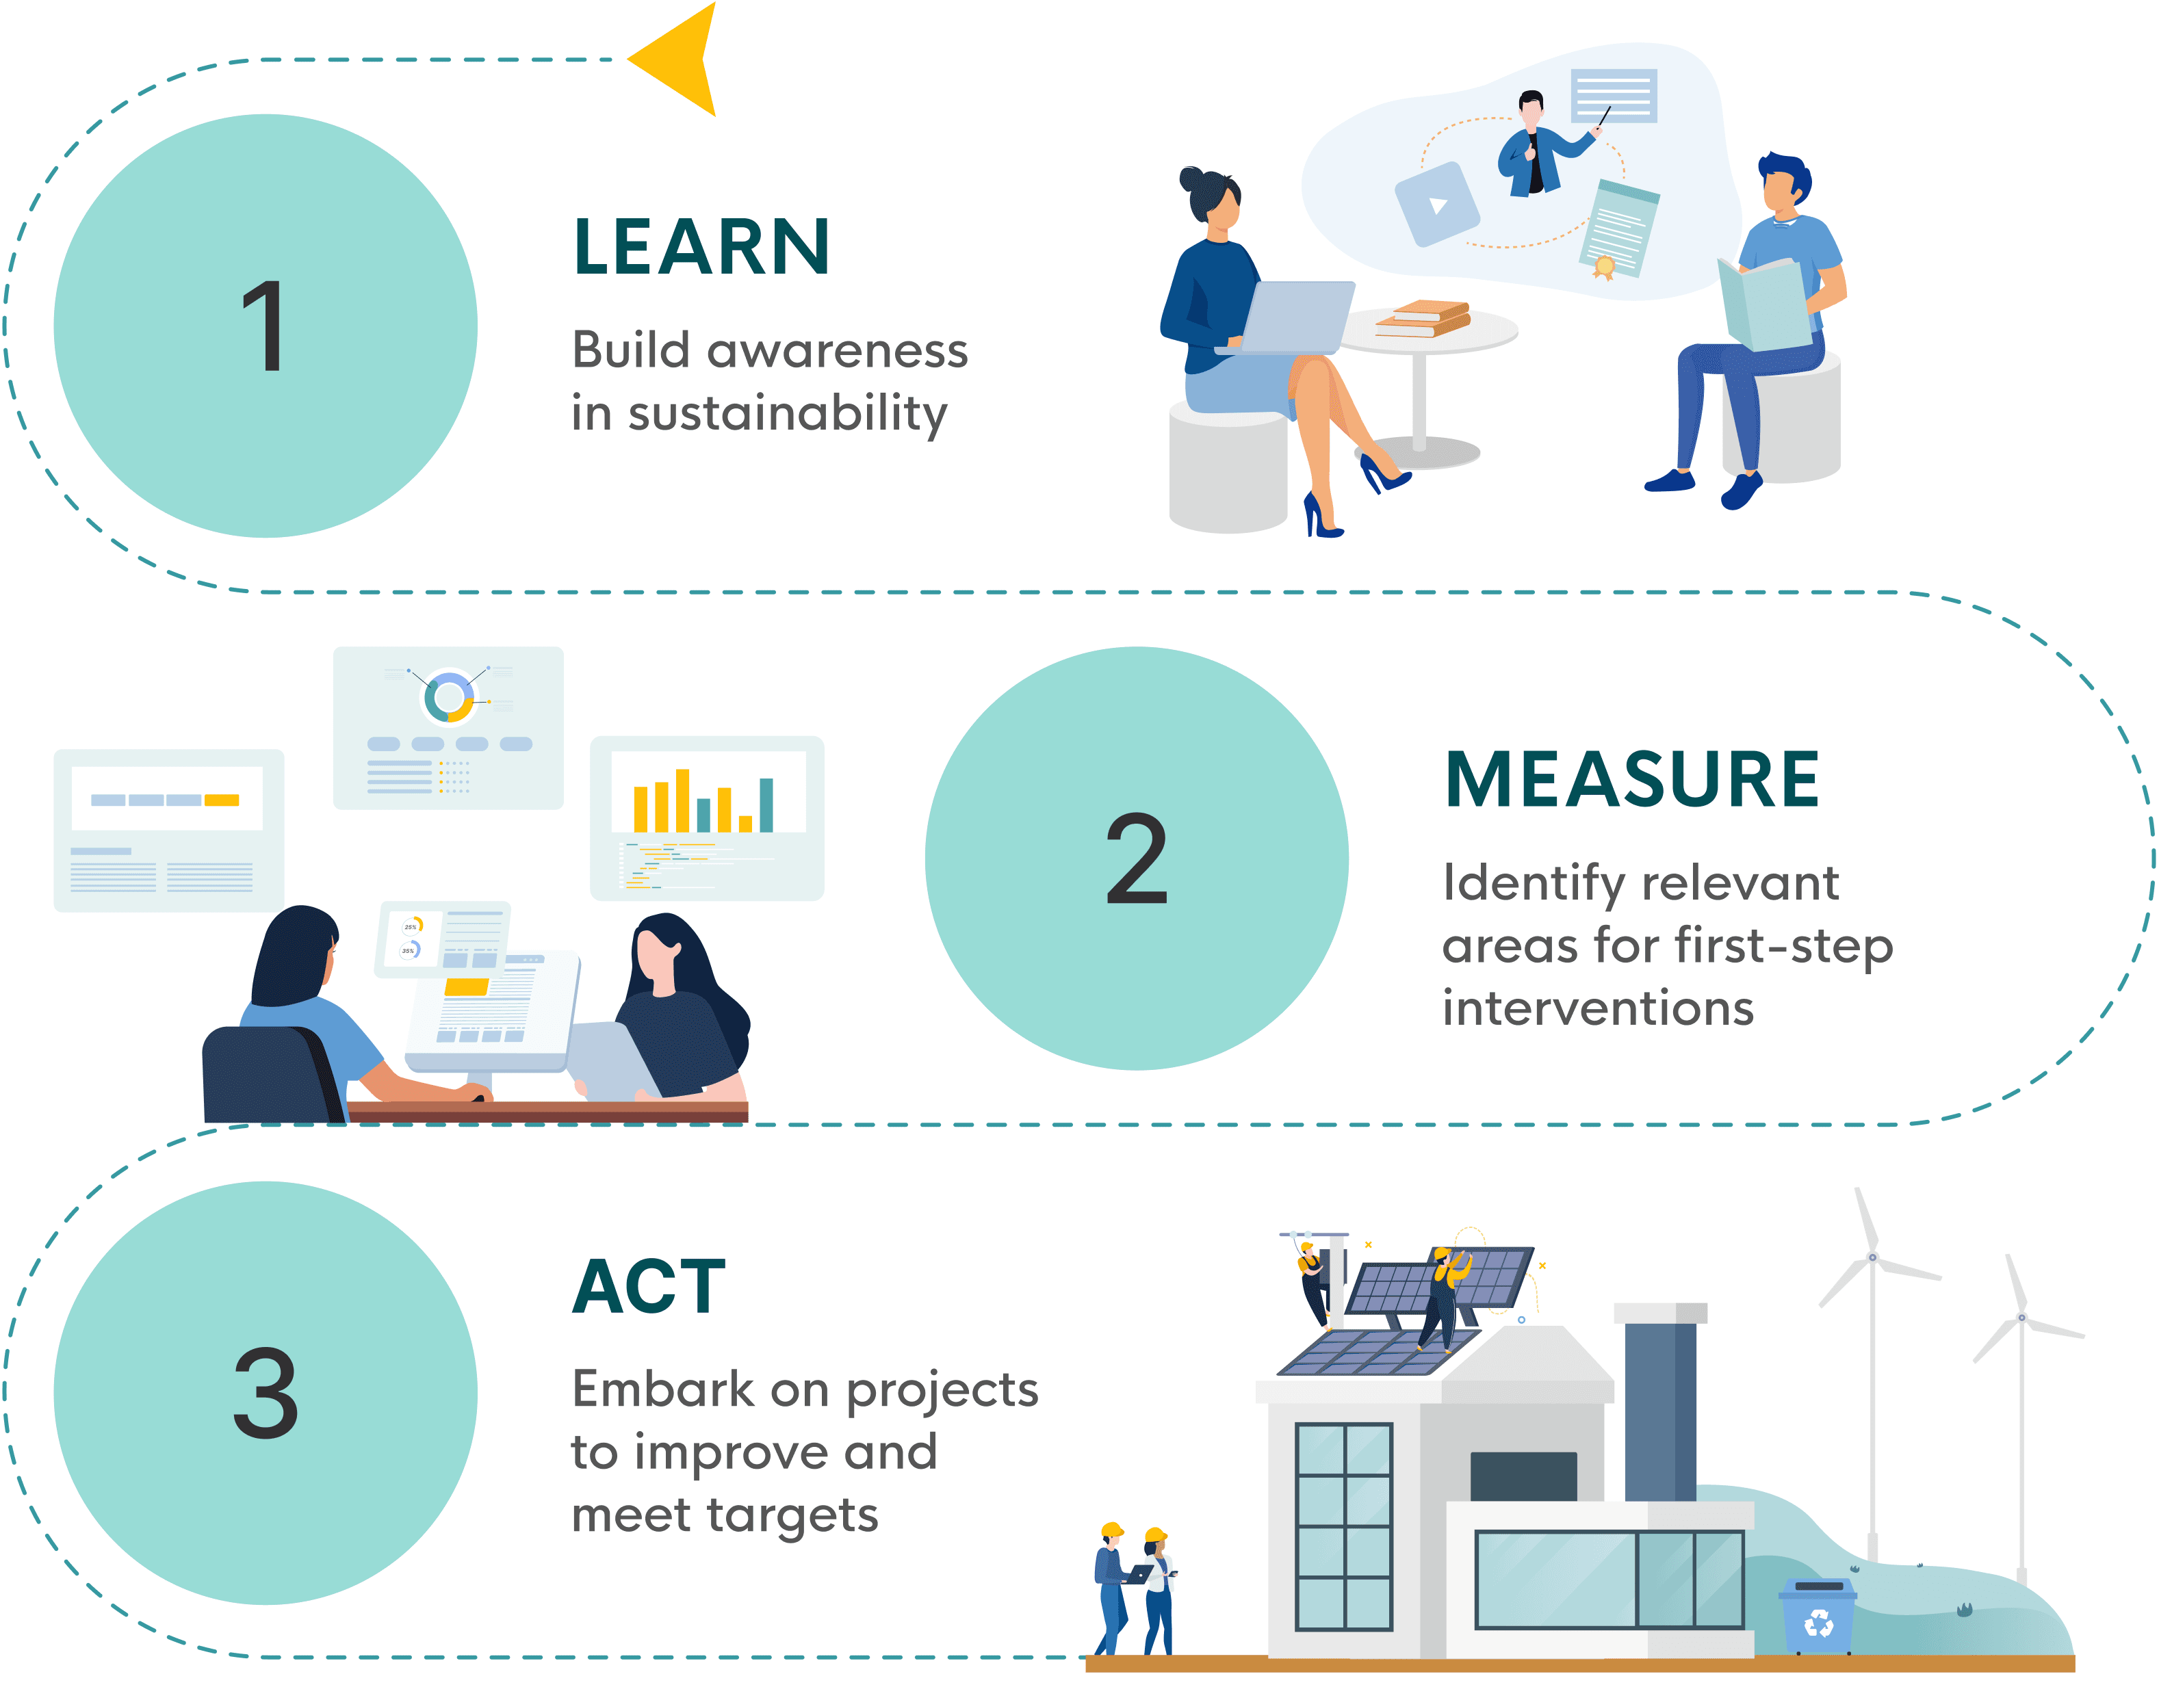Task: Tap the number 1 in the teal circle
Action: (265, 326)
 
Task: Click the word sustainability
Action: (787, 413)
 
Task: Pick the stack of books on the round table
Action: (1423, 318)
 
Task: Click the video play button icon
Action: (1436, 205)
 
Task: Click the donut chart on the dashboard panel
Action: (450, 696)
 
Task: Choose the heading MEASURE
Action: (1631, 780)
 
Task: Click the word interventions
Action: (1597, 1009)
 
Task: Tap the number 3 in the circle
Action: (265, 1394)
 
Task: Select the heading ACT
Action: (649, 1287)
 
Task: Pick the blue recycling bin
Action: (1817, 1617)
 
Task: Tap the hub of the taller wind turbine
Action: (1872, 1257)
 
